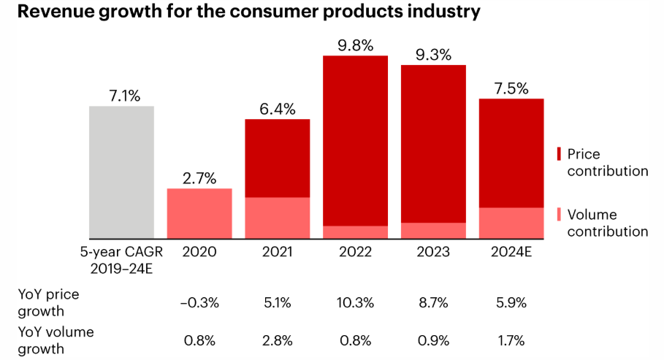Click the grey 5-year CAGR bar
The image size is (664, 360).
point(121,172)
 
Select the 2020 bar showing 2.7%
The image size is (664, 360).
point(199,213)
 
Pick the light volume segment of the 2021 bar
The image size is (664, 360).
point(277,218)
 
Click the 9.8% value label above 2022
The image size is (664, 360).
point(355,45)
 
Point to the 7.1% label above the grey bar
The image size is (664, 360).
point(121,96)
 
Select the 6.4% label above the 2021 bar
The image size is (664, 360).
point(277,109)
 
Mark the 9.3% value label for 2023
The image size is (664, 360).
point(433,55)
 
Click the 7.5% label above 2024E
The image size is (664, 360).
point(511,88)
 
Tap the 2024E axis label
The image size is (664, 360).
point(511,252)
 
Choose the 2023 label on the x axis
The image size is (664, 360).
point(433,252)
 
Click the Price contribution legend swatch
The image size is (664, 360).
point(559,154)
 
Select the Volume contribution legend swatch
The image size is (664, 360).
point(559,215)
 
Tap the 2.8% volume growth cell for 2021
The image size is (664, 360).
point(277,340)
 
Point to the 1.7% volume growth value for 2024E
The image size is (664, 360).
point(511,340)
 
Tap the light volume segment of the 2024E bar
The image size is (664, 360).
point(511,223)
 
